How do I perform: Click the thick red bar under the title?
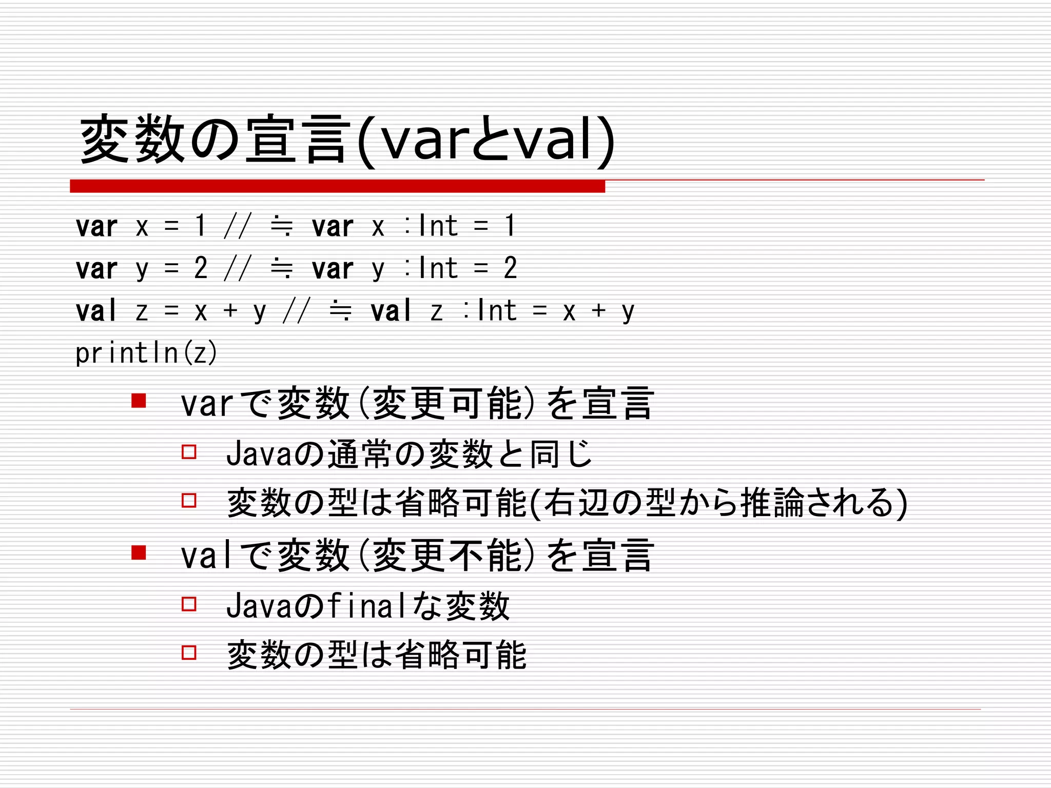[x=337, y=186]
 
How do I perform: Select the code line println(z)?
[x=146, y=353]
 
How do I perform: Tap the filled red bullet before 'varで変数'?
[x=139, y=400]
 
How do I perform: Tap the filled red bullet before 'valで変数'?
[x=139, y=552]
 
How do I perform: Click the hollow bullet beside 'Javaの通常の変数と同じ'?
[x=189, y=451]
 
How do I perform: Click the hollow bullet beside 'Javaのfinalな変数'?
[x=189, y=603]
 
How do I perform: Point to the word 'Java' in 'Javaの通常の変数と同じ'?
[x=259, y=454]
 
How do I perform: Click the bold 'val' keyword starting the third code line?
[x=96, y=311]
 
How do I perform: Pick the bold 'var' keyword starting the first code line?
[x=96, y=226]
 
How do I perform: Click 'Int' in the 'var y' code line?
[x=438, y=268]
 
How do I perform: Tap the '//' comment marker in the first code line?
[x=238, y=226]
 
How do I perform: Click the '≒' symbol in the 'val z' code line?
[x=341, y=311]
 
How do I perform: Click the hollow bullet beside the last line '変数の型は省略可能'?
[x=189, y=653]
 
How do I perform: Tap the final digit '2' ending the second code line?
[x=510, y=268]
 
